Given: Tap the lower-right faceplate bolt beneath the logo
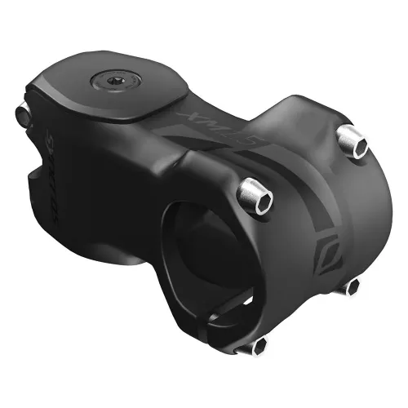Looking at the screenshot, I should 352,286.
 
